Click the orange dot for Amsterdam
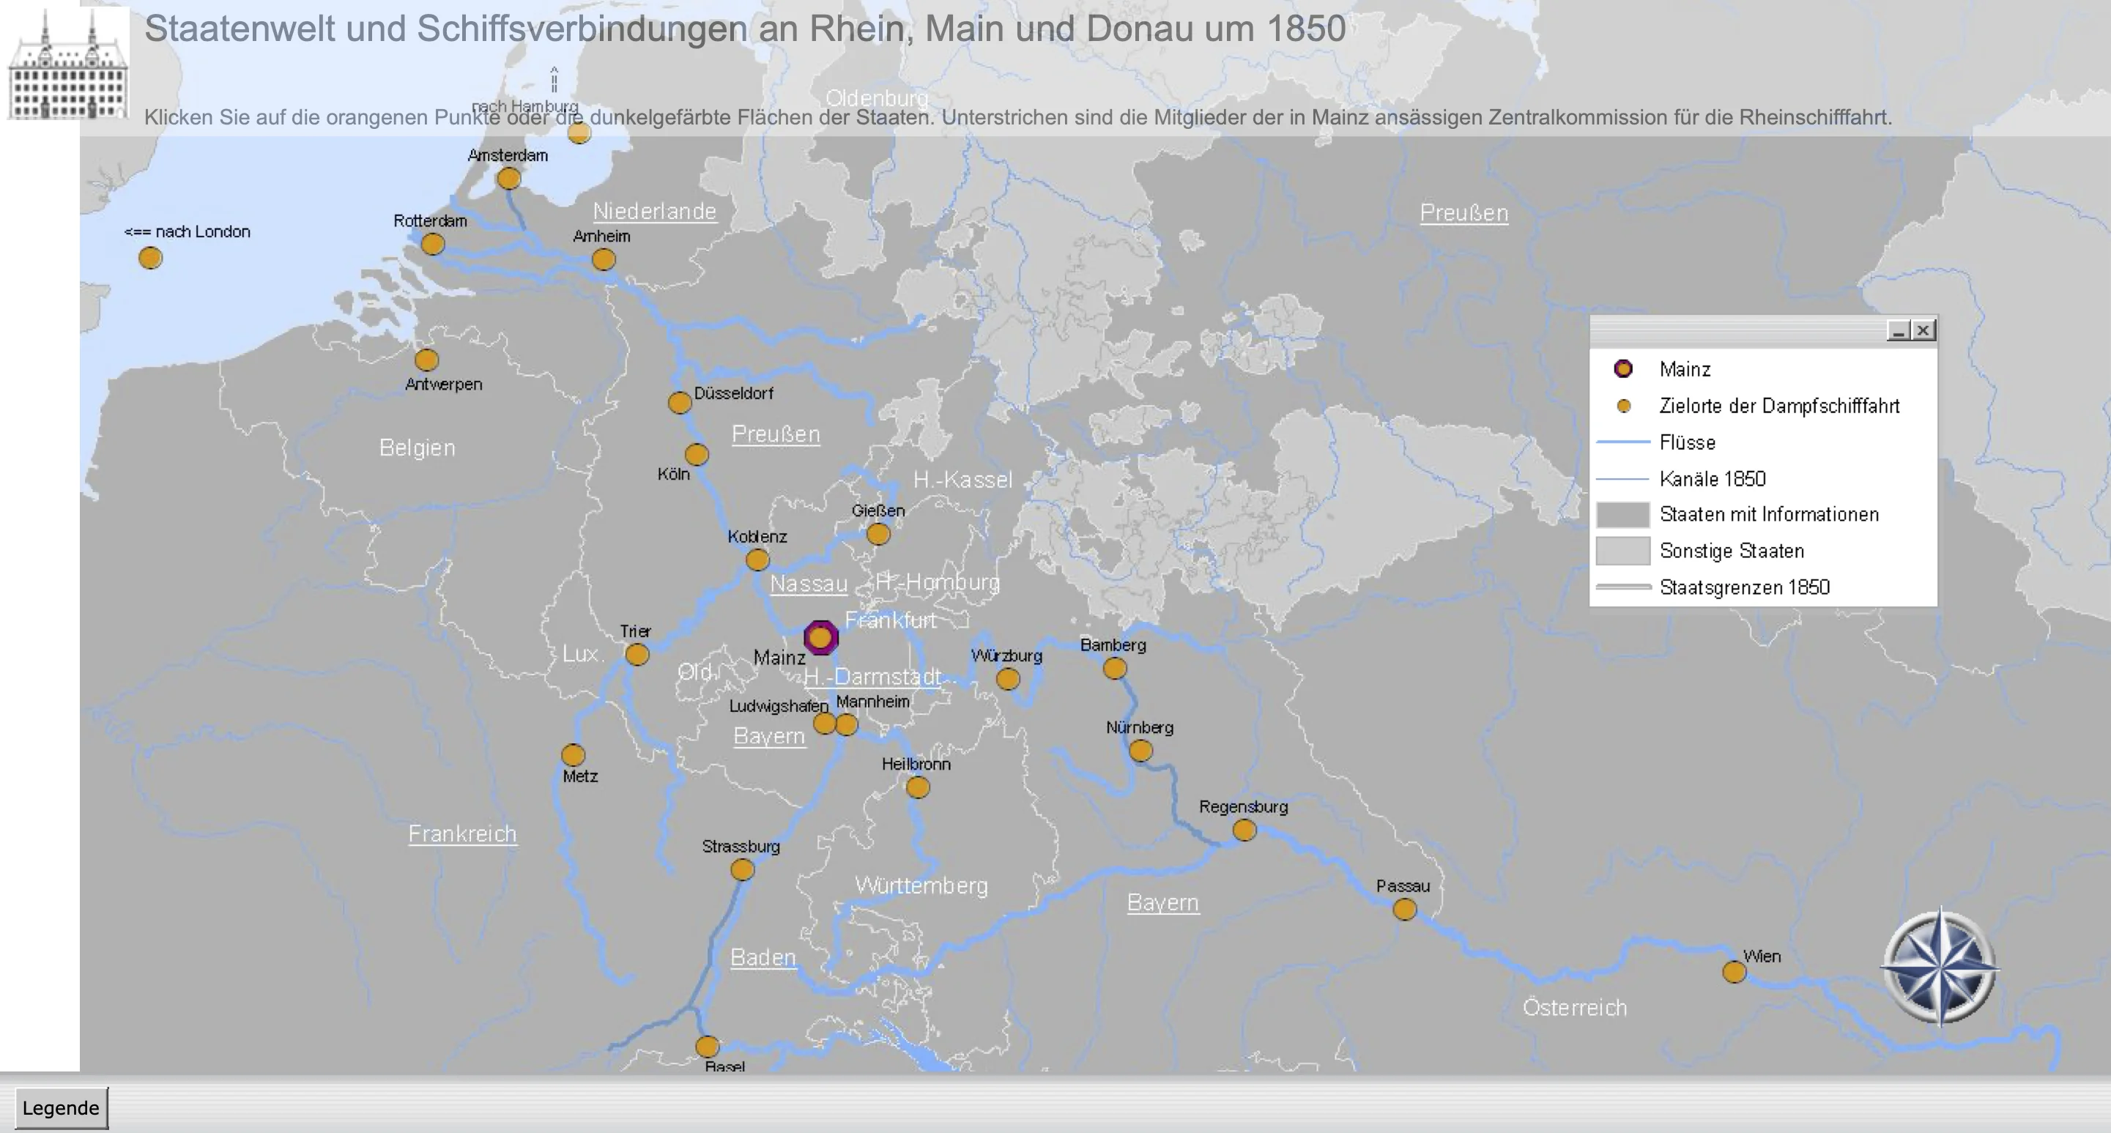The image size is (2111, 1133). coord(509,178)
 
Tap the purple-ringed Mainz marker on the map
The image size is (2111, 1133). coord(820,637)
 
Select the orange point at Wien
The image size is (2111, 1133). coord(1734,973)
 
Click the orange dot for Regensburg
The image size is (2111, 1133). coord(1244,830)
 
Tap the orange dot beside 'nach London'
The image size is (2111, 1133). coord(150,258)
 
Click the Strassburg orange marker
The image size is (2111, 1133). coord(743,869)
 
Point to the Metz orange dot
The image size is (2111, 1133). coord(573,754)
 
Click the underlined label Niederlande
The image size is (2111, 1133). coord(654,212)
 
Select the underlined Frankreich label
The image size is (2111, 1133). coord(462,834)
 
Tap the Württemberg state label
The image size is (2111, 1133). coord(921,885)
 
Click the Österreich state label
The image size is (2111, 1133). coord(1574,1008)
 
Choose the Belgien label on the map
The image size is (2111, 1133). coord(417,447)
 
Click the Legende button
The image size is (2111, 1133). coord(61,1108)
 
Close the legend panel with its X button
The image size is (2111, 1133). coord(1923,330)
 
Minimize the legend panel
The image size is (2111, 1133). coord(1898,330)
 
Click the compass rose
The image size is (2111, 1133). coord(1940,967)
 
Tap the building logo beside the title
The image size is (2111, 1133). coord(68,65)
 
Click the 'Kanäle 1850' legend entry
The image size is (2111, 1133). coord(1712,478)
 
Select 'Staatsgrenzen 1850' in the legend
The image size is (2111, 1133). coord(1744,587)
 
